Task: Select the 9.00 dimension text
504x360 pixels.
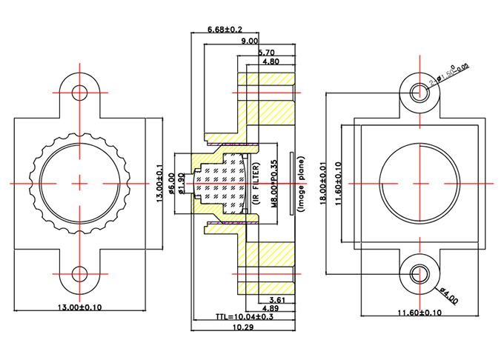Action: pyautogui.click(x=250, y=41)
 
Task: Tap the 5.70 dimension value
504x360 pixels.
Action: pyautogui.click(x=268, y=53)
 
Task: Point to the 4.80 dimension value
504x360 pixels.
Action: pyautogui.click(x=270, y=62)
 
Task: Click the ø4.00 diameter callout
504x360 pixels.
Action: pyautogui.click(x=448, y=295)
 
